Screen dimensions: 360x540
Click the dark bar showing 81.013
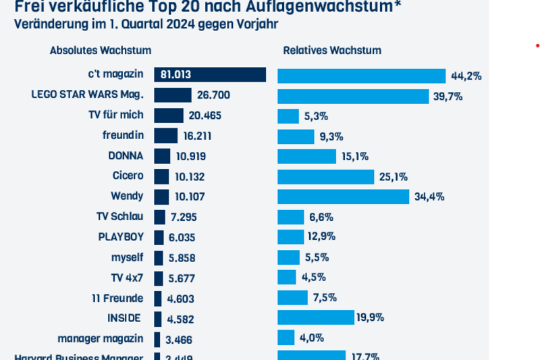pyautogui.click(x=210, y=75)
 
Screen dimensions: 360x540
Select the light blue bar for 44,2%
pyautogui.click(x=361, y=76)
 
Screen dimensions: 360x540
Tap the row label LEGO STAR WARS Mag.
pyautogui.click(x=87, y=95)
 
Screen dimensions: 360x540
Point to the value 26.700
pyautogui.click(x=214, y=95)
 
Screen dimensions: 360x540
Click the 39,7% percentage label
pyautogui.click(x=448, y=96)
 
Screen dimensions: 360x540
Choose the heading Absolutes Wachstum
pyautogui.click(x=101, y=51)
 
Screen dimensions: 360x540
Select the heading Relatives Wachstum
pyautogui.click(x=332, y=51)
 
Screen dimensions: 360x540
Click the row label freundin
pyautogui.click(x=127, y=135)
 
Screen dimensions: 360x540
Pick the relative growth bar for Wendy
pyautogui.click(x=343, y=197)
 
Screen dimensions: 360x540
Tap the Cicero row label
pyautogui.click(x=128, y=176)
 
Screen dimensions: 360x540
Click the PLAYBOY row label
pyautogui.click(x=121, y=236)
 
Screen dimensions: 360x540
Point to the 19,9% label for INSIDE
pyautogui.click(x=371, y=317)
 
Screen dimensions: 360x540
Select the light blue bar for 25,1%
pyautogui.click(x=325, y=176)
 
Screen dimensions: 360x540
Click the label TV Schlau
pyautogui.click(x=120, y=216)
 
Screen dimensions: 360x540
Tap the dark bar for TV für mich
pyautogui.click(x=169, y=115)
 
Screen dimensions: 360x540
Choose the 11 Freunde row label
pyautogui.click(x=117, y=297)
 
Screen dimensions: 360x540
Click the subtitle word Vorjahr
pyautogui.click(x=258, y=24)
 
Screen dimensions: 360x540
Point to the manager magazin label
pyautogui.click(x=101, y=338)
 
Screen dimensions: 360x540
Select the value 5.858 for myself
pyautogui.click(x=183, y=257)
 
